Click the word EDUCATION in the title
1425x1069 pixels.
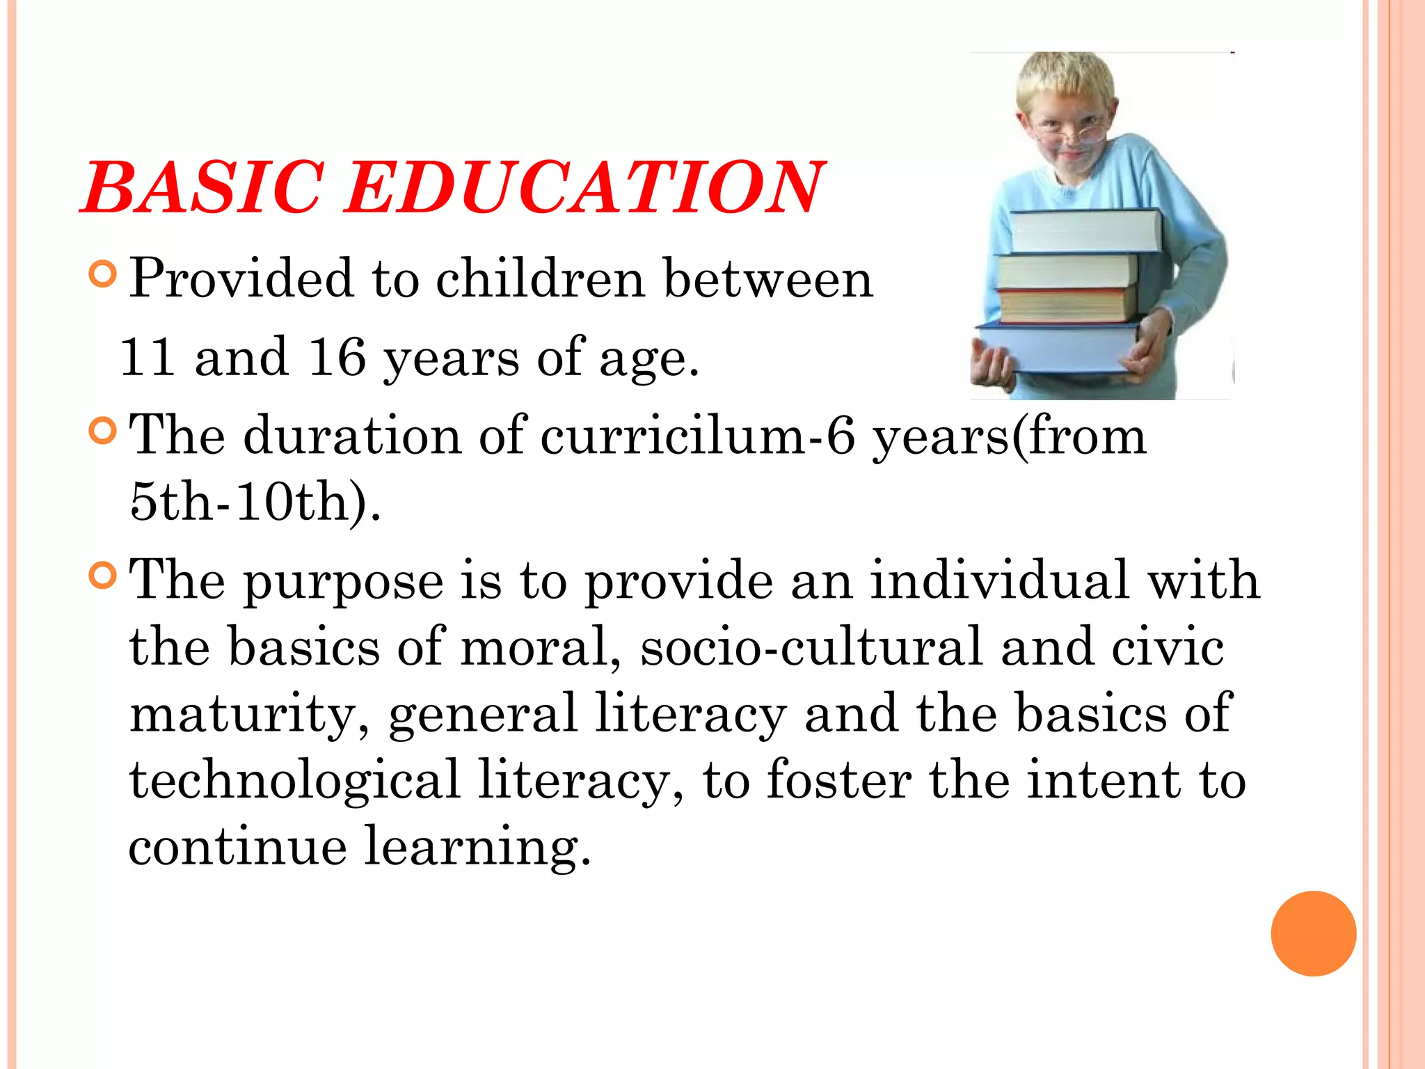point(584,188)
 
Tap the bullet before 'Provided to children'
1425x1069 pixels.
point(103,275)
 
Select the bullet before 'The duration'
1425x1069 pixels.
point(103,431)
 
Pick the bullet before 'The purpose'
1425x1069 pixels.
point(103,576)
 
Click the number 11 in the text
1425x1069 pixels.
point(148,358)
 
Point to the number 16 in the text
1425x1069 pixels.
point(337,358)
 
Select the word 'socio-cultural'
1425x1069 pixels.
point(811,648)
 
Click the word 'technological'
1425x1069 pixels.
point(294,781)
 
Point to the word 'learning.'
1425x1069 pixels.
point(477,847)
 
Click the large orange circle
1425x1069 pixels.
point(1313,933)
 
